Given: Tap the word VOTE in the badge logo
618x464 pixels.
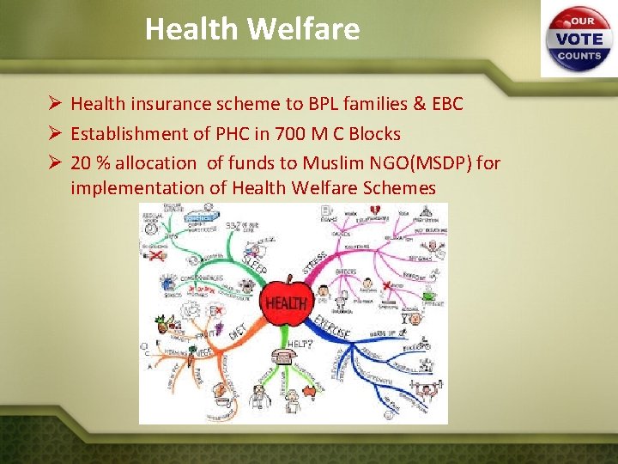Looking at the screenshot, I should (x=579, y=39).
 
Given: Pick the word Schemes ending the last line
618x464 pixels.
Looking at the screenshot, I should (x=402, y=188).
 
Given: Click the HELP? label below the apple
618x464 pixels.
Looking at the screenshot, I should (x=298, y=343).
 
